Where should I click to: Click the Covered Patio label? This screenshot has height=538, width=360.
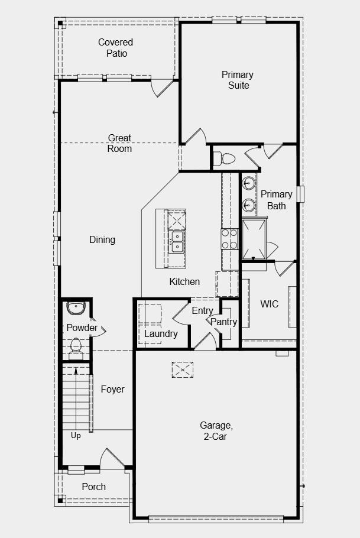115,48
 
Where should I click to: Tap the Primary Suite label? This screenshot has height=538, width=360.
238,80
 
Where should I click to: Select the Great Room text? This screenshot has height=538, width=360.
119,143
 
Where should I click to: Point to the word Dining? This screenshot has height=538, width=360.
102,239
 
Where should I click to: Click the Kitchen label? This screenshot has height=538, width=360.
184,281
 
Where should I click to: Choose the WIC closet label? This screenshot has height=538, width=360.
269,304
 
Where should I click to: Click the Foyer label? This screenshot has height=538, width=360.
112,389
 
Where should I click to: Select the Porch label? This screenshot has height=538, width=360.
93,487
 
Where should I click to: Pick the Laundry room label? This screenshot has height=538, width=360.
161,333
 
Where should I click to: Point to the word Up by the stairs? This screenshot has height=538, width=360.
76,436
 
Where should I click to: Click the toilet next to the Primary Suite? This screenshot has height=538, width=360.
225,158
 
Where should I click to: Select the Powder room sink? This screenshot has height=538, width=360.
76,307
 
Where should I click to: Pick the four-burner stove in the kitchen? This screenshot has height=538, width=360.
229,238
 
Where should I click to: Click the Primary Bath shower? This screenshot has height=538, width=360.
254,238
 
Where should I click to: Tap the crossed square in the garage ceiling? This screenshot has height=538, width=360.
183,370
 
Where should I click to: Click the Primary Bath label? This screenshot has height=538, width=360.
276,200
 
